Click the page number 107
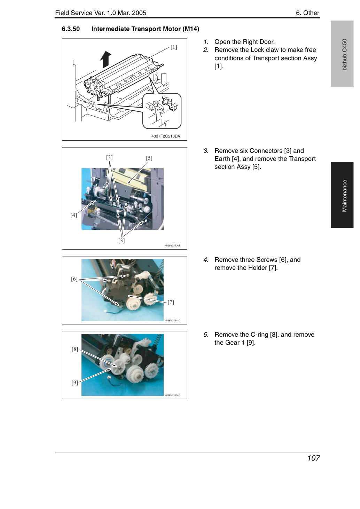[x=313, y=458]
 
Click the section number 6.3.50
[x=71, y=29]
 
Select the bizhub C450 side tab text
[x=345, y=55]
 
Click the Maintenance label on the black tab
[x=345, y=196]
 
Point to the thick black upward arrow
[x=106, y=59]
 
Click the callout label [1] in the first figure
[x=174, y=47]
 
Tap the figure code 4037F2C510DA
[x=166, y=136]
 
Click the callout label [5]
[x=149, y=158]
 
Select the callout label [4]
[x=74, y=215]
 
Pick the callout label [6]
[x=74, y=279]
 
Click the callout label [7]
[x=171, y=302]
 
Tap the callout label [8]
[x=75, y=349]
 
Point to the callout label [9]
[x=75, y=383]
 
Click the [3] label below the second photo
[x=122, y=241]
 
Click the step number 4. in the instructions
[x=206, y=260]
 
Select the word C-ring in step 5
[x=259, y=335]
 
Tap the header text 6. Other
[x=307, y=13]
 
